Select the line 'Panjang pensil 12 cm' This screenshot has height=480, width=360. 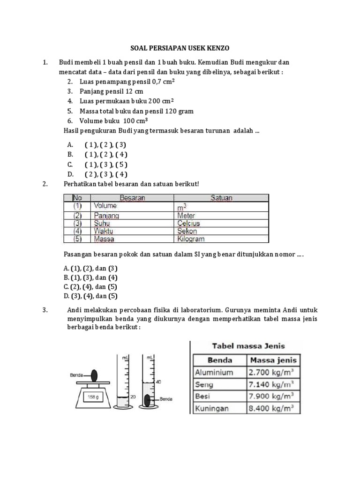(x=112, y=91)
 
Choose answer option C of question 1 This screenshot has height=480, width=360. (x=106, y=165)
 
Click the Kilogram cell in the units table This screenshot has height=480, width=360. (x=191, y=239)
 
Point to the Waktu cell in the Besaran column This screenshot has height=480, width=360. (x=104, y=231)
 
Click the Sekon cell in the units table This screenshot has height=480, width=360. (x=187, y=231)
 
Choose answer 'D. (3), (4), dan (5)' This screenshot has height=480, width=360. (x=90, y=296)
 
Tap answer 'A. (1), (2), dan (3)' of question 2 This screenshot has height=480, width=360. (x=90, y=269)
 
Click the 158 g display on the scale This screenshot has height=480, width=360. (x=92, y=397)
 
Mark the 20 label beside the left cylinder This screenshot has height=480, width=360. (x=133, y=397)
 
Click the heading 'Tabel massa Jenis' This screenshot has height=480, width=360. (x=249, y=346)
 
